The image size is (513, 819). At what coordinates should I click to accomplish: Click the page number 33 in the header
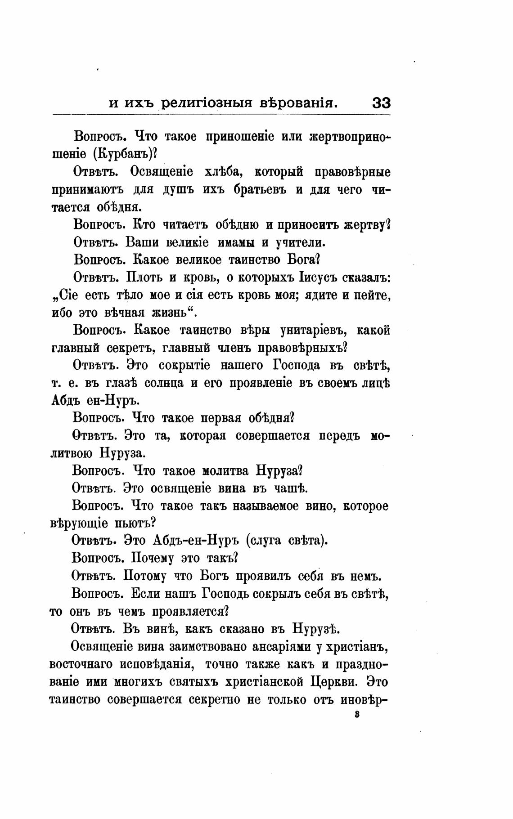click(381, 103)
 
